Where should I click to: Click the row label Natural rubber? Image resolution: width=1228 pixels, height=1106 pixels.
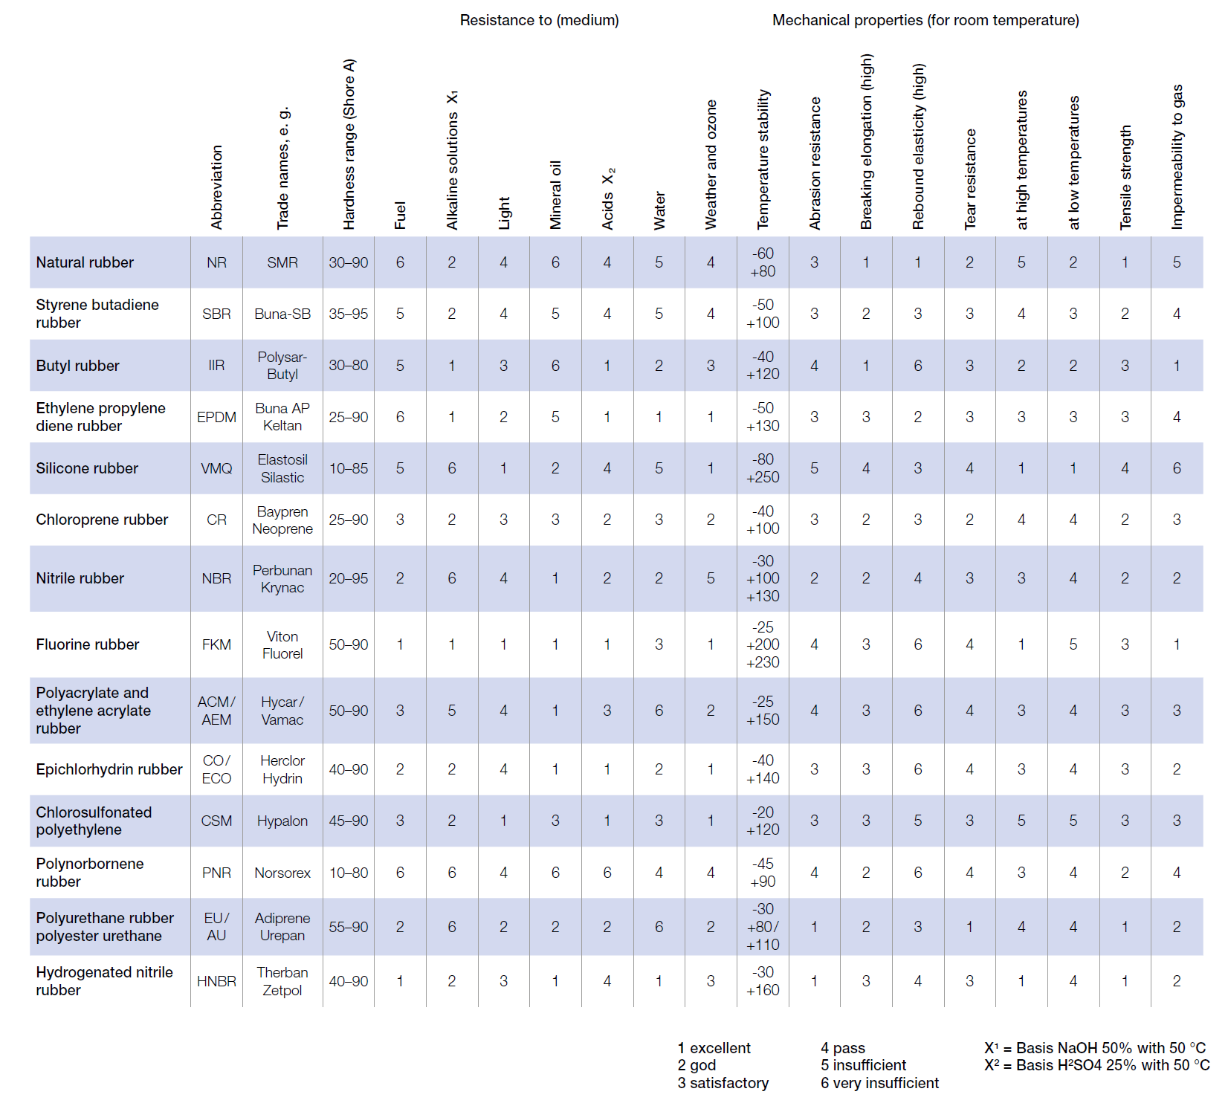[85, 262]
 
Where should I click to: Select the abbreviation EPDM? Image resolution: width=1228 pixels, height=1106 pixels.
[216, 417]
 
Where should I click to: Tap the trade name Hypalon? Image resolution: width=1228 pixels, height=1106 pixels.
[282, 821]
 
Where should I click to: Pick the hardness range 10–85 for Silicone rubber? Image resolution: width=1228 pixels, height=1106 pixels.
[349, 468]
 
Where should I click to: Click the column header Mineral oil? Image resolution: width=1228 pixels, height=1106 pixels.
[555, 195]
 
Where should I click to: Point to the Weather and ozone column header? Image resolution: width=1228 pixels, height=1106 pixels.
[711, 164]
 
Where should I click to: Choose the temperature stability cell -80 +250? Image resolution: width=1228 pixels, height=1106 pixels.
[763, 468]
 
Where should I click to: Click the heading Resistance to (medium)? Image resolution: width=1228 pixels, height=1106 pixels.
[539, 20]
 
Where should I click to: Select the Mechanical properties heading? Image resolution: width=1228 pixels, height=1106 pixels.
[925, 20]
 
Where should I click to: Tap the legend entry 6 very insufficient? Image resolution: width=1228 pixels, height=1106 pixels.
[879, 1083]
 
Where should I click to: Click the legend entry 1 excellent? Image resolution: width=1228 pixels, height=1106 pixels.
[714, 1048]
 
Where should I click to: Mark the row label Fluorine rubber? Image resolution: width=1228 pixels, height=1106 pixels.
[88, 644]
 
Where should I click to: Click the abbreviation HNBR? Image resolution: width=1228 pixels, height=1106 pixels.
[216, 981]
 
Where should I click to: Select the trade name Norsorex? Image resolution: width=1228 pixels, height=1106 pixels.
[282, 873]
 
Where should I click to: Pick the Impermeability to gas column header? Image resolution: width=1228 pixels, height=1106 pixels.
[1177, 157]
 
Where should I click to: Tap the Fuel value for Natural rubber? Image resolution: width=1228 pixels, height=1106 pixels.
[400, 262]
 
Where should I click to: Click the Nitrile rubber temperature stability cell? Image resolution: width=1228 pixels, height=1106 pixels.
[763, 578]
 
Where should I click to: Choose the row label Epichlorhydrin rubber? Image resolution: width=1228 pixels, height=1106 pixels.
[109, 769]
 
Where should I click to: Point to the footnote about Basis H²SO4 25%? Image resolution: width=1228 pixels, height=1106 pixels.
[1096, 1065]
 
